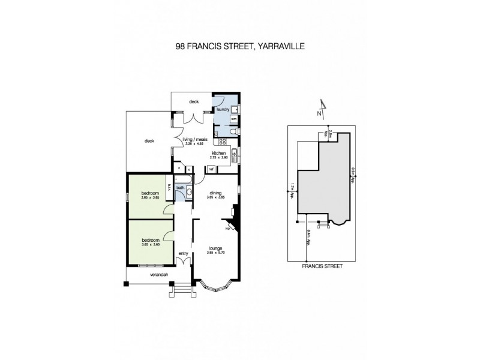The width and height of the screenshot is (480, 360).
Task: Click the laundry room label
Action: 224,110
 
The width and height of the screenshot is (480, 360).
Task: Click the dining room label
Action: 215,191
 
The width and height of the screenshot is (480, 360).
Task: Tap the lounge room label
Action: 215,247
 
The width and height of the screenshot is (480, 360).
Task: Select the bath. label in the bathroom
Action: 180,188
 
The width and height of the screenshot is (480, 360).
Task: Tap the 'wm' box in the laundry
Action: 233,119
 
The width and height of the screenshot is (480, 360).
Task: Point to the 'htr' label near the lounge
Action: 228,229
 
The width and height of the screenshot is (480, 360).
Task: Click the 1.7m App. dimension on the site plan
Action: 292,190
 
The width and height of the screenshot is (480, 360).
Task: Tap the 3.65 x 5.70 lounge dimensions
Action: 215,252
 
